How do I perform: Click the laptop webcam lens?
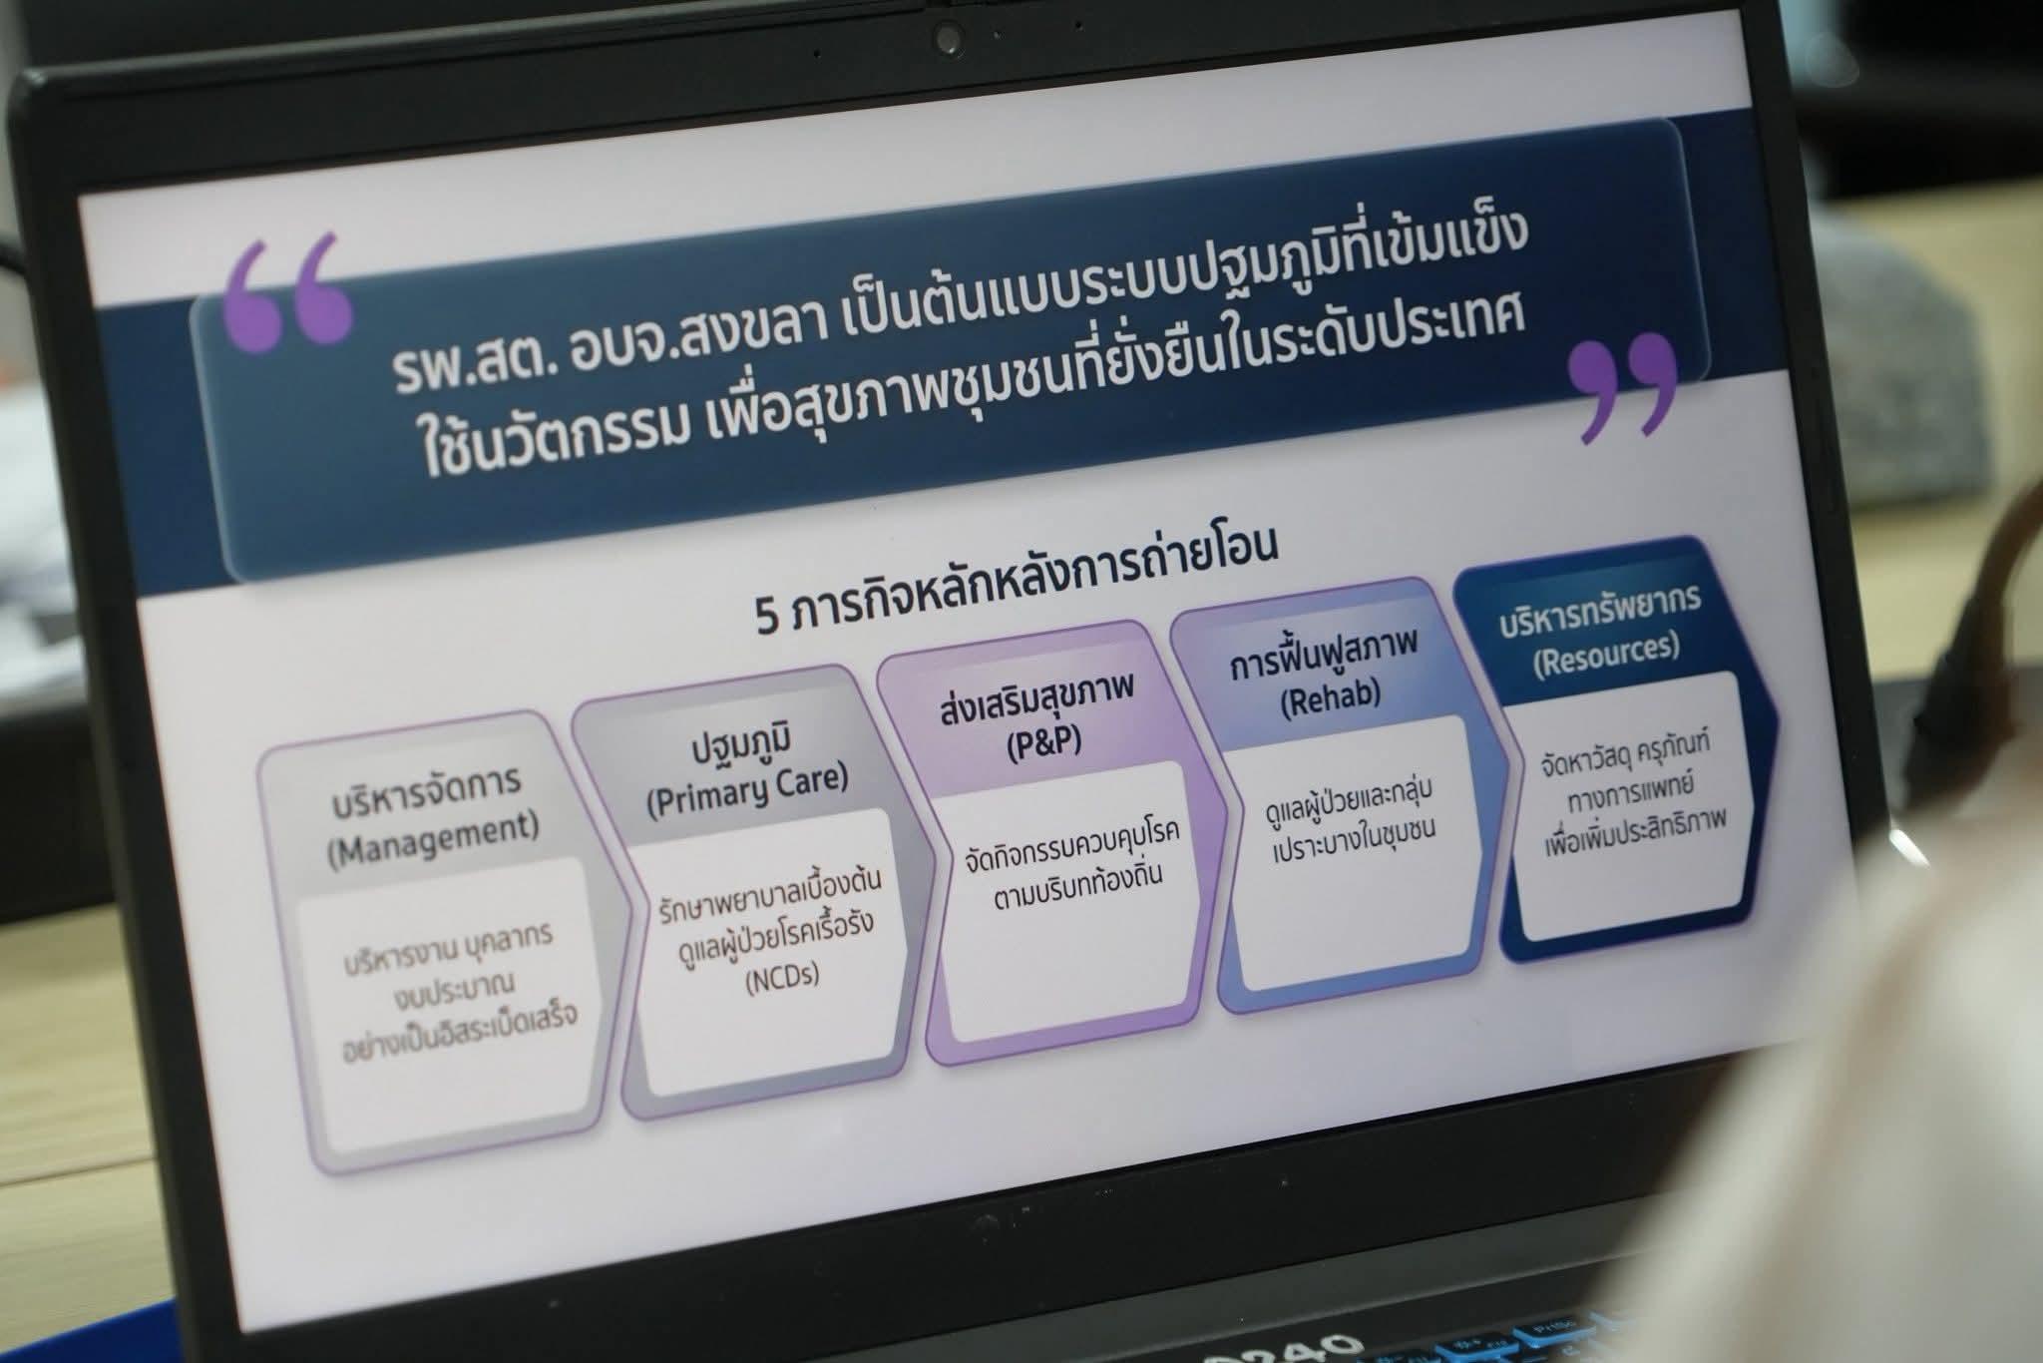[x=948, y=38]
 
